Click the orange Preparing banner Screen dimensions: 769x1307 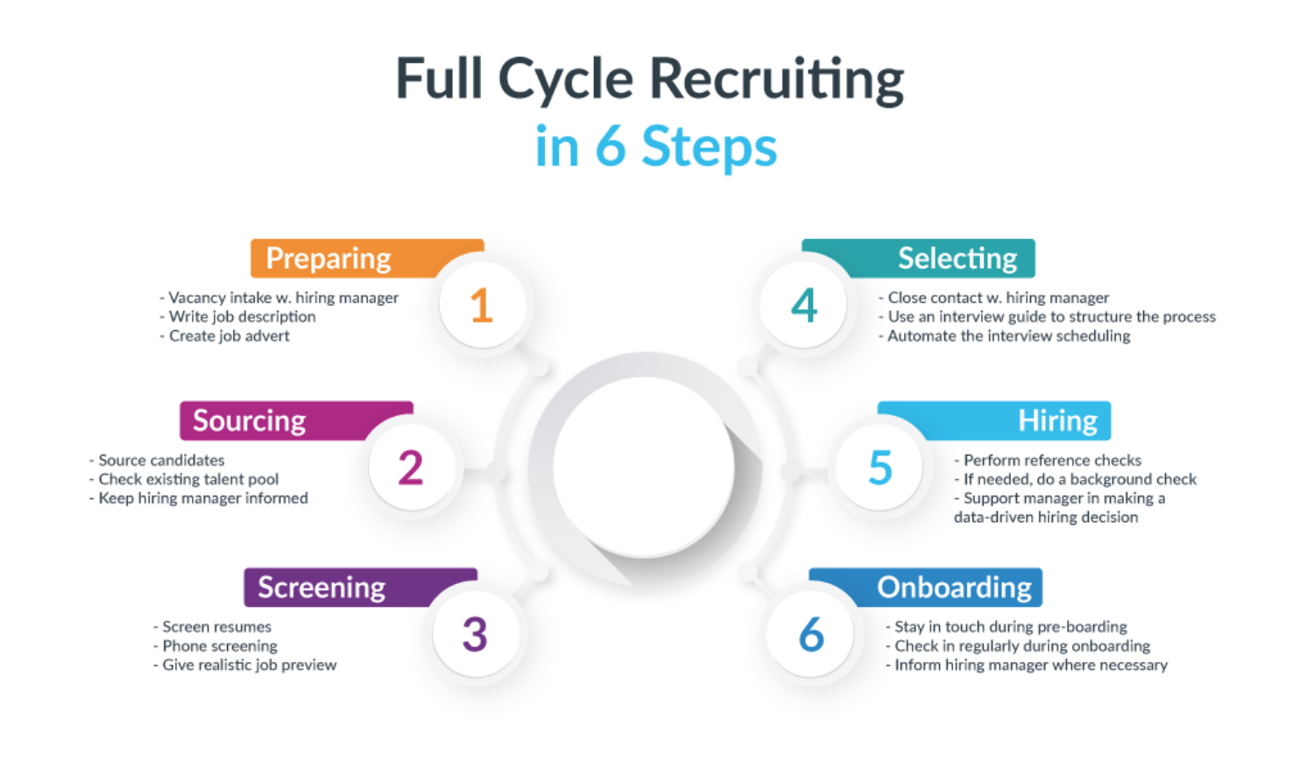342,258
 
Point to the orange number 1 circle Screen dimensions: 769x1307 482,306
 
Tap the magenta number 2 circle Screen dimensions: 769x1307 411,468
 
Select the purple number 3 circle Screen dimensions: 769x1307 475,634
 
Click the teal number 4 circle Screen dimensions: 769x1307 804,306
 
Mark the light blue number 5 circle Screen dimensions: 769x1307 880,468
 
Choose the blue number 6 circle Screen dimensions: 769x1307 811,634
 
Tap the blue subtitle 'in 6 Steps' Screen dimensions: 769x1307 655,146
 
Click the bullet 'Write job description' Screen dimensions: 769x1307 242,317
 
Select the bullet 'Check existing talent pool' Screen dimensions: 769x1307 188,479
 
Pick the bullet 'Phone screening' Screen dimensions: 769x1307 219,646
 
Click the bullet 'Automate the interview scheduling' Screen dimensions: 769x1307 1008,336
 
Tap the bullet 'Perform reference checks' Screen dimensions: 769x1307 1052,460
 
